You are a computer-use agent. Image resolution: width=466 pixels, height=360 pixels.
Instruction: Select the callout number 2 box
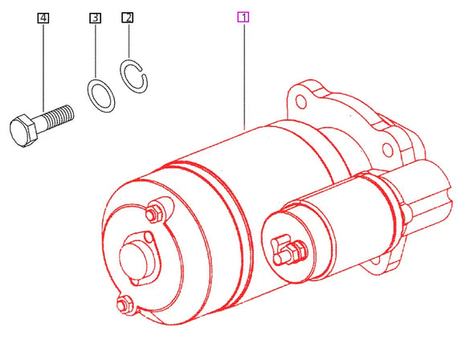coord(127,17)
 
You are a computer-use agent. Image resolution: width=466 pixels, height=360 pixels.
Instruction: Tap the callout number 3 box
coord(95,17)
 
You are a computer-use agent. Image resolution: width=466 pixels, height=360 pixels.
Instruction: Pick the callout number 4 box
coord(43,17)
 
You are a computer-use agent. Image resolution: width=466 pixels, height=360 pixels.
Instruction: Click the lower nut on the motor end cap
coord(125,304)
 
